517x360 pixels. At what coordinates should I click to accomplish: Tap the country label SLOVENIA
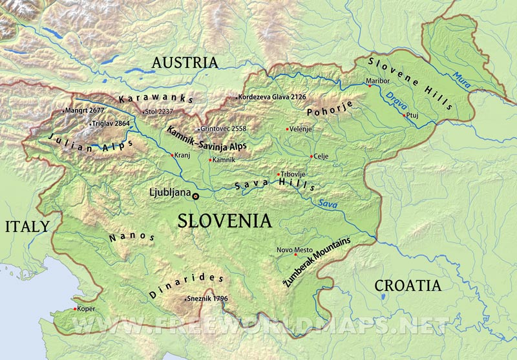pyautogui.click(x=224, y=221)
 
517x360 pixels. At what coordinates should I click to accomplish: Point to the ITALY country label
pyautogui.click(x=26, y=226)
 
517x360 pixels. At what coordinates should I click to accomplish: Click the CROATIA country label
pyautogui.click(x=408, y=285)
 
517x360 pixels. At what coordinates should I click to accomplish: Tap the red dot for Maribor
pyautogui.click(x=369, y=87)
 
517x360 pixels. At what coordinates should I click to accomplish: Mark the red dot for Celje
pyautogui.click(x=311, y=156)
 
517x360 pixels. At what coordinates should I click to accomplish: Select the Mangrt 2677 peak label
pyautogui.click(x=83, y=111)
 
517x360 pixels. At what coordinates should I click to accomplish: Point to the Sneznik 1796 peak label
pyautogui.click(x=207, y=299)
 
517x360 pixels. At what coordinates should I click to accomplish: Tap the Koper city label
pyautogui.click(x=86, y=309)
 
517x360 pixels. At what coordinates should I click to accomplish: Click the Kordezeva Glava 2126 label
pyautogui.click(x=271, y=97)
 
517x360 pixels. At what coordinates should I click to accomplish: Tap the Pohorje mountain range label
pyautogui.click(x=310, y=112)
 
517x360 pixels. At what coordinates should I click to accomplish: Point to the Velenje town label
pyautogui.click(x=301, y=129)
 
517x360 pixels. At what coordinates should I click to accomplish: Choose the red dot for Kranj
pyautogui.click(x=171, y=155)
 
